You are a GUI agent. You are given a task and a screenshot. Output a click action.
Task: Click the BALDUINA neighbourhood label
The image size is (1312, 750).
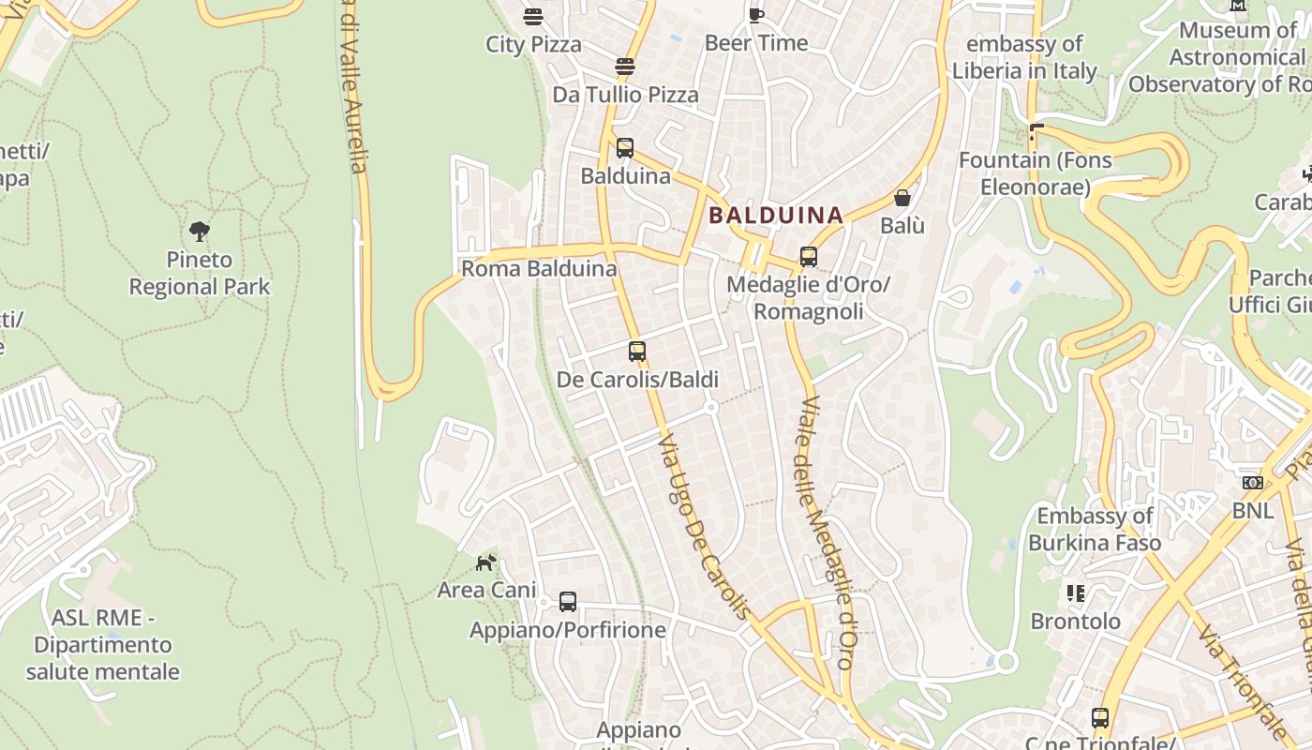point(776,216)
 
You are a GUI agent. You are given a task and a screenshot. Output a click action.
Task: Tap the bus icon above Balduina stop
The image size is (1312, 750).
point(625,148)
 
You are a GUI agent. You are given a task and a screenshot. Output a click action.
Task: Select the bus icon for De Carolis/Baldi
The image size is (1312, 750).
point(637,352)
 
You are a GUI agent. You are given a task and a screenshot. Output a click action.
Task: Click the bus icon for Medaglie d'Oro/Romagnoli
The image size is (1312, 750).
point(808,256)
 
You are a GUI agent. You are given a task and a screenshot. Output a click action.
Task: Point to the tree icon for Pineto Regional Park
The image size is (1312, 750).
point(199,231)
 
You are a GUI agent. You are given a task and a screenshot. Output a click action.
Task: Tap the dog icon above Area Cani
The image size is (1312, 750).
point(485,562)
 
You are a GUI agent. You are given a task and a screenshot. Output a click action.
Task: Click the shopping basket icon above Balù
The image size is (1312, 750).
point(902,198)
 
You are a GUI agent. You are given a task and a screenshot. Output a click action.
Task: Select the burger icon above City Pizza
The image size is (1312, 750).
point(533,16)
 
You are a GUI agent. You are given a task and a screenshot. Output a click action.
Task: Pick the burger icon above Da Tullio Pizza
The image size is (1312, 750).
point(625,67)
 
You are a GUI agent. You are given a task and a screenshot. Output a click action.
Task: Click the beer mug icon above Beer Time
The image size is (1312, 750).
point(755,14)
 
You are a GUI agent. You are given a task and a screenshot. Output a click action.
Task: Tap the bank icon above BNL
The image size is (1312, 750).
point(1252,483)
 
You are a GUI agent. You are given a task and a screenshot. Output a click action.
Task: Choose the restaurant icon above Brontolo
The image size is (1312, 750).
point(1075,592)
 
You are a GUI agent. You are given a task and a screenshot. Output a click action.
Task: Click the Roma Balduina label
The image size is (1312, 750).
point(539,269)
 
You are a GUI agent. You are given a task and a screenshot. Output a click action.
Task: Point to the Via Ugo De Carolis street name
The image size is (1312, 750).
point(704,525)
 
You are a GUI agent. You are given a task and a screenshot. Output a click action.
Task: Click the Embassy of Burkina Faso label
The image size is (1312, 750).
point(1095,529)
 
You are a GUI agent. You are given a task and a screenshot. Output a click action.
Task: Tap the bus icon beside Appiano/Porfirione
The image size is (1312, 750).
point(568,602)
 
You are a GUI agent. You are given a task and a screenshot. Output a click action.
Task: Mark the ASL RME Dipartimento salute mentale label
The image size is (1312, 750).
point(102,645)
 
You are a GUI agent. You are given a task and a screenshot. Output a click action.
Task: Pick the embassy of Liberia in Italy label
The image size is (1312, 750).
point(1024,57)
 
